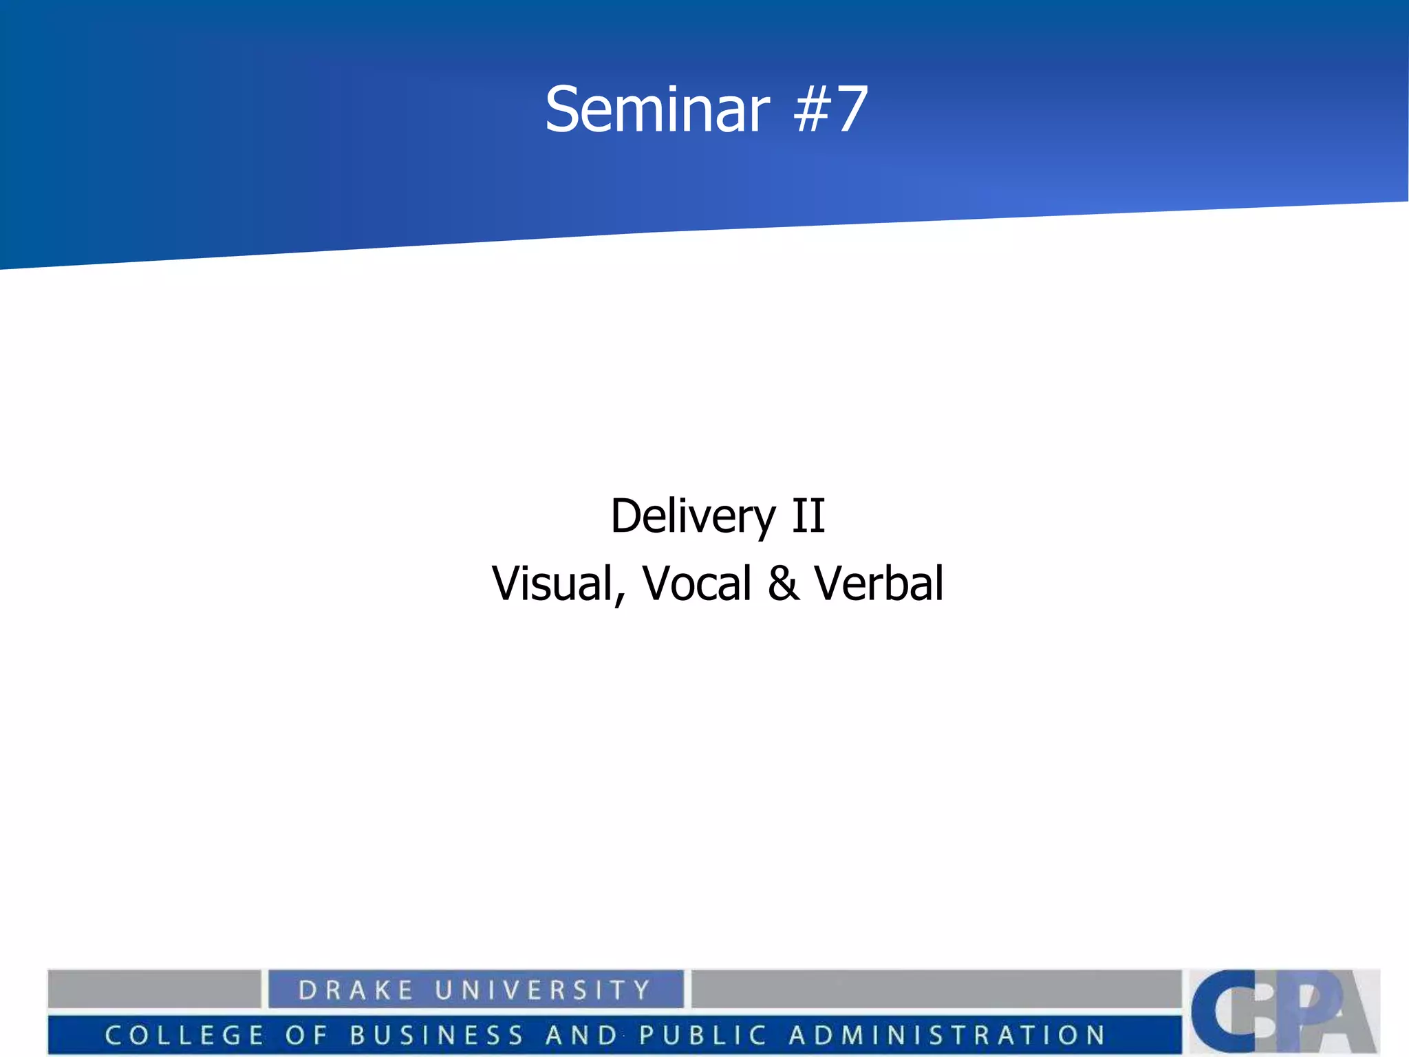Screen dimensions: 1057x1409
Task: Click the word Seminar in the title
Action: point(657,110)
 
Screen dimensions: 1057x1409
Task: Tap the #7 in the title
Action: point(830,110)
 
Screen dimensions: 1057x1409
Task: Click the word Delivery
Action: point(693,517)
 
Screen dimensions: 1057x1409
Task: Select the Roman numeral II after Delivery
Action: point(808,515)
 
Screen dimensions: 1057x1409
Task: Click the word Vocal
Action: point(697,584)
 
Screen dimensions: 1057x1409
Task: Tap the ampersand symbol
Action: point(784,584)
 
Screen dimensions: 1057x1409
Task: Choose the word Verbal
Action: point(879,584)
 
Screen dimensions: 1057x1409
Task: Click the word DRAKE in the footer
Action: point(356,990)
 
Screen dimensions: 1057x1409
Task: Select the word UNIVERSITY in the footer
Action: point(543,990)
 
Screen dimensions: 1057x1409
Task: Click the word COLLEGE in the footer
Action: point(184,1035)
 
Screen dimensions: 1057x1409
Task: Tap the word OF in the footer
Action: point(305,1035)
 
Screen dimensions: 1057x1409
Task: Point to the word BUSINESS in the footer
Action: point(437,1035)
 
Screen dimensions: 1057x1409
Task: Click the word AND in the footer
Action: point(582,1035)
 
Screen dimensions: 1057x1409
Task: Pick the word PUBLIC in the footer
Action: point(703,1035)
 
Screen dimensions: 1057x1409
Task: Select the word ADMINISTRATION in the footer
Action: point(947,1035)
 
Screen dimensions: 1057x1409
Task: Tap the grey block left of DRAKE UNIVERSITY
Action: point(154,989)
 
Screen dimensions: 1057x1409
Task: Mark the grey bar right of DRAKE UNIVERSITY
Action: point(936,989)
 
